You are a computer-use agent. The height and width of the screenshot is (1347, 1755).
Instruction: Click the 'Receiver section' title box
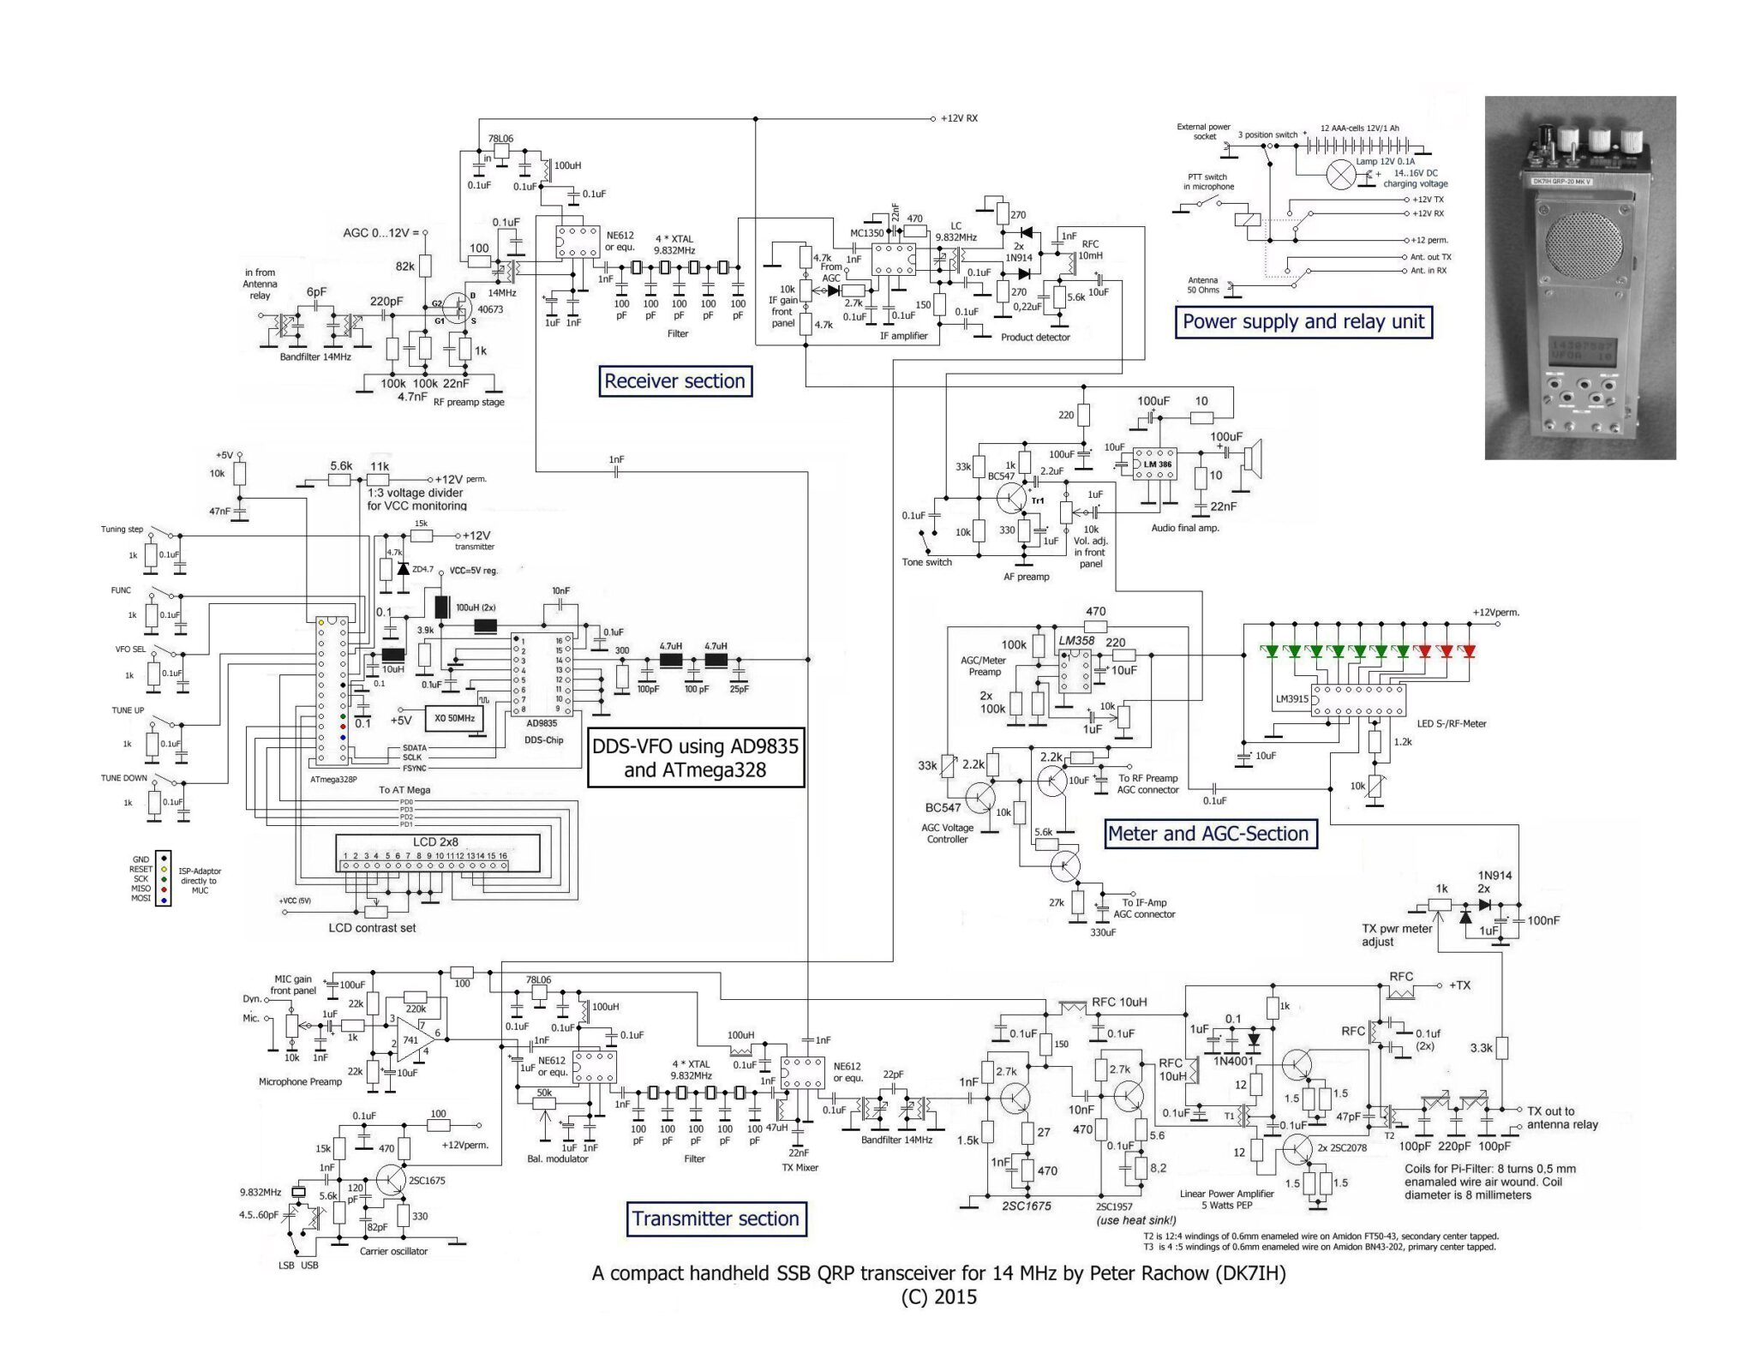pyautogui.click(x=674, y=381)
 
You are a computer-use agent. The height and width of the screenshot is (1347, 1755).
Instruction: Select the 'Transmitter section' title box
pyautogui.click(x=716, y=1218)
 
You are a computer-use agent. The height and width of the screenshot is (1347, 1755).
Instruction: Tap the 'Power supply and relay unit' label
pyautogui.click(x=1303, y=322)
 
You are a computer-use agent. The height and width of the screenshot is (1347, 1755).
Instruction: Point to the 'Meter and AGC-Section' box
pyautogui.click(x=1207, y=834)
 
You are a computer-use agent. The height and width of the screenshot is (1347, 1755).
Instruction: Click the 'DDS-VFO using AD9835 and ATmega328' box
pyautogui.click(x=695, y=757)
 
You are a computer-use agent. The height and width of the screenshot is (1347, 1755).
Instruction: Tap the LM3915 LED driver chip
pyautogui.click(x=1358, y=699)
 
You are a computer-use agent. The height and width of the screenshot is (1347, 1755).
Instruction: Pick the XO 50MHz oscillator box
pyautogui.click(x=454, y=718)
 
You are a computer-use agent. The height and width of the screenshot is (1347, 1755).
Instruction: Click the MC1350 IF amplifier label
pyautogui.click(x=866, y=233)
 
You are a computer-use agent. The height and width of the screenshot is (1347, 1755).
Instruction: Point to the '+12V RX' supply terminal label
pyautogui.click(x=959, y=118)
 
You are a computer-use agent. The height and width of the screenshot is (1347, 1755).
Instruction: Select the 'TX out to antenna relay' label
pyautogui.click(x=1561, y=1117)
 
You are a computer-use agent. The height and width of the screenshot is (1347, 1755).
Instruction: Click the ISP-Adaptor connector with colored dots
pyautogui.click(x=163, y=878)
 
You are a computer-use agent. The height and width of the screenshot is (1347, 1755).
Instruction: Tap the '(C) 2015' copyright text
pyautogui.click(x=938, y=1296)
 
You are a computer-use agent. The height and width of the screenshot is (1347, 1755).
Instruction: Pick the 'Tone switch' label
pyautogui.click(x=926, y=562)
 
